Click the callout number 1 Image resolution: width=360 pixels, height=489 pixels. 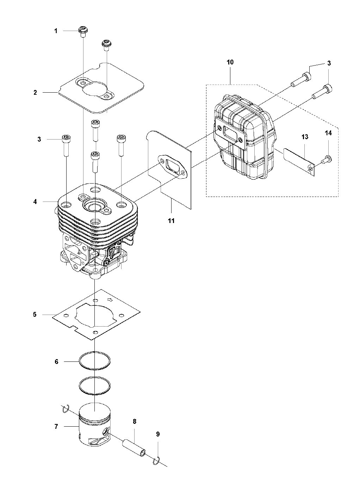(56, 31)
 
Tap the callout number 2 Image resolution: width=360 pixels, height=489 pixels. (35, 93)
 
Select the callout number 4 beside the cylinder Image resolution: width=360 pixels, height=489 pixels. (35, 202)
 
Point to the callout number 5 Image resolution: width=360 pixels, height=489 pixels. (35, 315)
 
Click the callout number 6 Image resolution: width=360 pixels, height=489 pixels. (57, 362)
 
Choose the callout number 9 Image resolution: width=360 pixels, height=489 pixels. (158, 434)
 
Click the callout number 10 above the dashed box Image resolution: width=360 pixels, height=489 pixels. (230, 62)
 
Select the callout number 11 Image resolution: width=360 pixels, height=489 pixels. (172, 221)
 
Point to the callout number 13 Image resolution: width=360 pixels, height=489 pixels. (305, 137)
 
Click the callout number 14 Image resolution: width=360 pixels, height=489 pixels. (328, 133)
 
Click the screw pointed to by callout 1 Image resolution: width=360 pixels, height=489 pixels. (83, 31)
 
